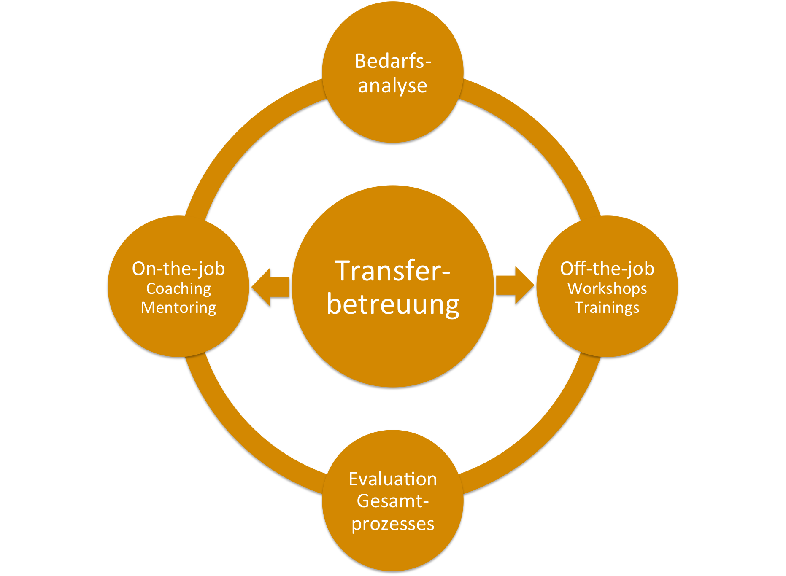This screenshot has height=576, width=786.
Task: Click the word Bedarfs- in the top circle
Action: tap(393, 61)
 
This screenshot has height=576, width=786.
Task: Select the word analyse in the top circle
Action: tap(393, 86)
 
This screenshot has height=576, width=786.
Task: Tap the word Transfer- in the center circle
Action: tap(393, 271)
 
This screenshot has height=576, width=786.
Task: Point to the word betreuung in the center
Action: tap(393, 304)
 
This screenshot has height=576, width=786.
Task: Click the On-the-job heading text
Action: tap(178, 269)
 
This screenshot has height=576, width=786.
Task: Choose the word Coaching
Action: tap(178, 289)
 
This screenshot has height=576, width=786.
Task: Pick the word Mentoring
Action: tap(178, 308)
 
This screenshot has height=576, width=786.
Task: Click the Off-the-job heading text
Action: tap(607, 269)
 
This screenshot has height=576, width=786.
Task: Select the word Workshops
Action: tap(607, 289)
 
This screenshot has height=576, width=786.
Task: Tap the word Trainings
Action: tap(607, 308)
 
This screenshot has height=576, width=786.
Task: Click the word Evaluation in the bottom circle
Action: tap(393, 479)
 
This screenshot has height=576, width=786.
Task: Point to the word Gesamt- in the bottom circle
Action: tap(393, 501)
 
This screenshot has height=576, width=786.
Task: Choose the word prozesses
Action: tap(393, 524)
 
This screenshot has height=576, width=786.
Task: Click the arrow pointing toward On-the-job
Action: tap(270, 287)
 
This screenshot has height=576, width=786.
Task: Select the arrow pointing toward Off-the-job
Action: tap(515, 285)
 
